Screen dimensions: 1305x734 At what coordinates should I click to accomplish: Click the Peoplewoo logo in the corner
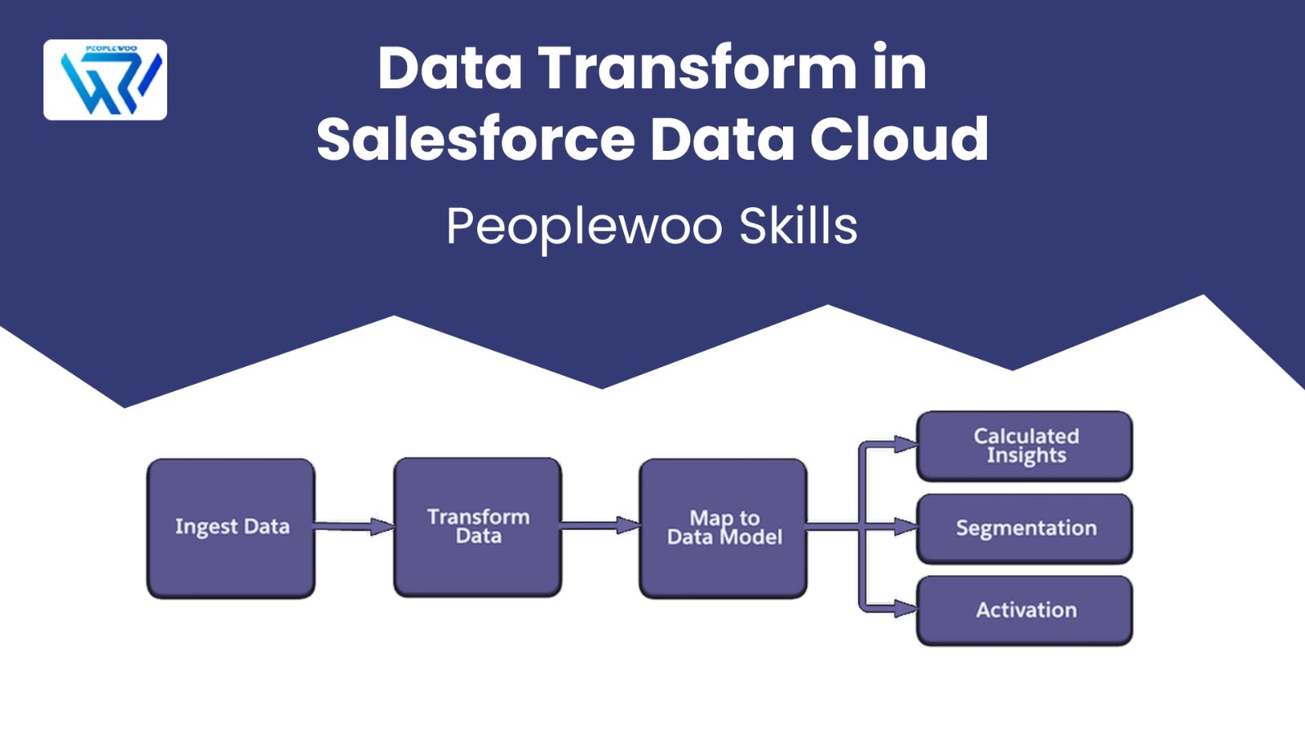pyautogui.click(x=105, y=80)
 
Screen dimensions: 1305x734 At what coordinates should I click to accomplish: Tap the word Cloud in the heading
pyautogui.click(x=899, y=139)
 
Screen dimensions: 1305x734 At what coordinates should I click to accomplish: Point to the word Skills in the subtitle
pyautogui.click(x=798, y=226)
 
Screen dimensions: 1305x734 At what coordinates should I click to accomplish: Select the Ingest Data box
pyautogui.click(x=232, y=528)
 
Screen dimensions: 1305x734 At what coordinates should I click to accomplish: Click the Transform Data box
pyautogui.click(x=478, y=527)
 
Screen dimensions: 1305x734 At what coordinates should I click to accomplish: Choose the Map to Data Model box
pyautogui.click(x=723, y=528)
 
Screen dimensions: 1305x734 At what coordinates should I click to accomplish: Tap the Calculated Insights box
pyautogui.click(x=1024, y=446)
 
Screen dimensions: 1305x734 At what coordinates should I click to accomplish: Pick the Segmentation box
pyautogui.click(x=1024, y=528)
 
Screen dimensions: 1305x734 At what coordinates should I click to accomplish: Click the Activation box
pyautogui.click(x=1024, y=611)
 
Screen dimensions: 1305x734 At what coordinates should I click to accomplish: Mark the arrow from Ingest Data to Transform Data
pyautogui.click(x=355, y=527)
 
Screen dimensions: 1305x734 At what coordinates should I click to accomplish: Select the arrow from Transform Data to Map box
pyautogui.click(x=600, y=525)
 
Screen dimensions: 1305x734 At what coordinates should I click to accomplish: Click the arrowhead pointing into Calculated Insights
pyautogui.click(x=906, y=444)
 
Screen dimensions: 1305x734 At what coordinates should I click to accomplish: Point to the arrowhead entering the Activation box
pyautogui.click(x=906, y=609)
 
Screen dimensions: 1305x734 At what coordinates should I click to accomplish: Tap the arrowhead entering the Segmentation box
pyautogui.click(x=906, y=527)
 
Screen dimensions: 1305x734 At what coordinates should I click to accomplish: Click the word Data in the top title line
pyautogui.click(x=449, y=69)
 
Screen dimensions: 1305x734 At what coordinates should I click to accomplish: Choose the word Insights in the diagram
pyautogui.click(x=1027, y=456)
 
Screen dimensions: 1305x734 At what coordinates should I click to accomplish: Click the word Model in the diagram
pyautogui.click(x=751, y=537)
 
